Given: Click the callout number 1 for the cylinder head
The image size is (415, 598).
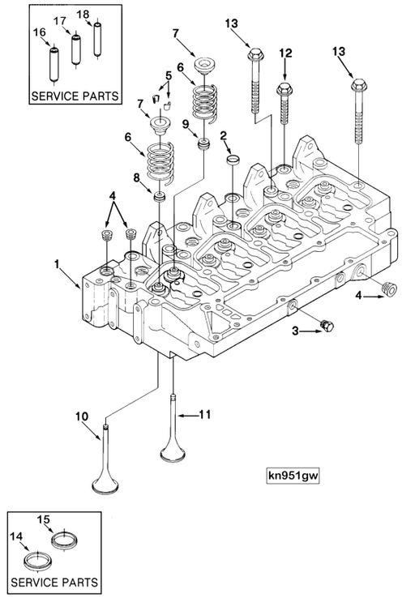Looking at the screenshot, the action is (x=58, y=264).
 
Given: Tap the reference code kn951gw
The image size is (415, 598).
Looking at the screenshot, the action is (x=293, y=476).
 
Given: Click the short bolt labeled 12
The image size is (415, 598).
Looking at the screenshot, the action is (x=285, y=105).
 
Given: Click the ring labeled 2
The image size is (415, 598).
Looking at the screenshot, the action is (x=233, y=160).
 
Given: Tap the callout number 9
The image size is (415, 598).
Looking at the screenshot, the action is (x=186, y=124).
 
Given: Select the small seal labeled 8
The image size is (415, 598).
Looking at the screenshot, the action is (x=160, y=198).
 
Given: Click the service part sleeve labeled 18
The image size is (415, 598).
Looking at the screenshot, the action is (x=98, y=39).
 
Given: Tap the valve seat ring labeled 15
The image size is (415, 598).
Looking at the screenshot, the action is (x=66, y=540).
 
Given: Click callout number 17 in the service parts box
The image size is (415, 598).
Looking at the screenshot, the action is (x=59, y=20).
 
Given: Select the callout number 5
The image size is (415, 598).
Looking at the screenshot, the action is (x=169, y=75).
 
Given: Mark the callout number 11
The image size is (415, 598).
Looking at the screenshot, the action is (x=205, y=414).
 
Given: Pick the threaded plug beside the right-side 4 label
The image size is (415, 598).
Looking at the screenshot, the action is (x=389, y=288).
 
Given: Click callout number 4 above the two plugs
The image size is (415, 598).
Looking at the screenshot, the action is (x=112, y=196).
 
